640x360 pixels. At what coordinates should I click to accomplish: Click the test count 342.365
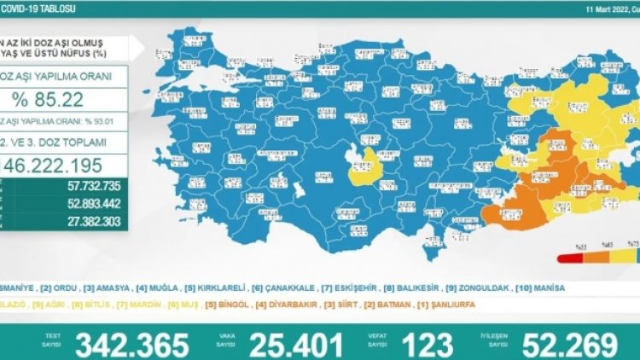132,345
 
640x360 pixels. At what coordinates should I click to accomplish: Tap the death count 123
425,345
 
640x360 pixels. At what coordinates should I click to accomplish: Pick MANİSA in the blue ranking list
544,288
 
